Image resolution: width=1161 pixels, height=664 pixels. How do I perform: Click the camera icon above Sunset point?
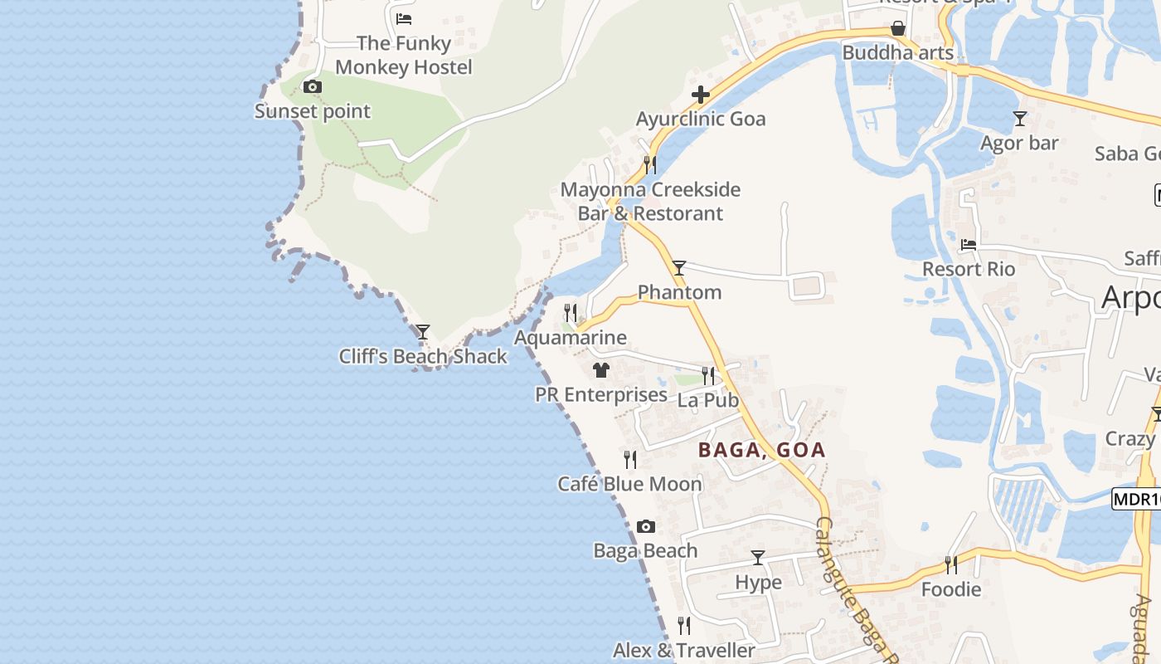(312, 87)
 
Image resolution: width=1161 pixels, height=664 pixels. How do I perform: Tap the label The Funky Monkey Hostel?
(404, 56)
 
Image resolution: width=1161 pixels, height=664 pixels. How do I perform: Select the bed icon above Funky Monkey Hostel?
(404, 18)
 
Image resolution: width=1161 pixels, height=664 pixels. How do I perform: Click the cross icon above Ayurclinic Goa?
(701, 95)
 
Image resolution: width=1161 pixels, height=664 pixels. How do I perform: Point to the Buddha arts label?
(897, 53)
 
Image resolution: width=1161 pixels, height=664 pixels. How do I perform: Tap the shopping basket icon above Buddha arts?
(897, 29)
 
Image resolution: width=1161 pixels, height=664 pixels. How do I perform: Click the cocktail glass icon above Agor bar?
(1020, 119)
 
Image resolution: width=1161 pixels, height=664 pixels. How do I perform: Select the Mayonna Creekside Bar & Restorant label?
(650, 202)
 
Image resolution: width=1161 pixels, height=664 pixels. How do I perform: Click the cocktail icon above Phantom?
(679, 267)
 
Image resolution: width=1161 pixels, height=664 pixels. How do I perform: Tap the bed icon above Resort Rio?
(969, 245)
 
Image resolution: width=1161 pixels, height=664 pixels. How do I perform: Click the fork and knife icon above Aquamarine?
(571, 313)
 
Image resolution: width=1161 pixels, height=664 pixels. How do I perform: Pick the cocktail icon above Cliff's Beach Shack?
(423, 332)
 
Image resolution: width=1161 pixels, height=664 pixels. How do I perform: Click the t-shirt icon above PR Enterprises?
(601, 370)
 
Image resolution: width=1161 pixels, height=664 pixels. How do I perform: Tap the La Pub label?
(708, 400)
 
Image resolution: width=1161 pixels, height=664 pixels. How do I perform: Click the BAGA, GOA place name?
(761, 450)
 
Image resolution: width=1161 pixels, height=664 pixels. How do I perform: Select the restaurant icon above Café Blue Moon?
(630, 459)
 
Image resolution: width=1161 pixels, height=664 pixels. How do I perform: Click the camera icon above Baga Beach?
(646, 526)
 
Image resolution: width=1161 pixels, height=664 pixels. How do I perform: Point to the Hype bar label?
(758, 583)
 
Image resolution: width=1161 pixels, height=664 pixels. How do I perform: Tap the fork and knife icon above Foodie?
(951, 565)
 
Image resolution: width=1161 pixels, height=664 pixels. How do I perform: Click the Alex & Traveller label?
(684, 650)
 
